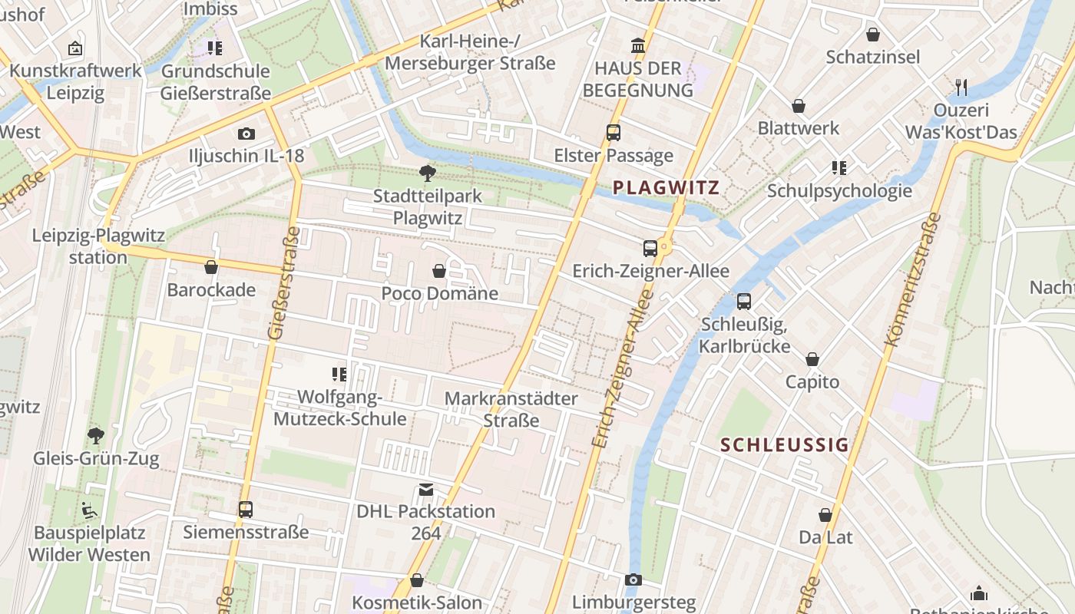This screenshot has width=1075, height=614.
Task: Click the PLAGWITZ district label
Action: [x=666, y=188]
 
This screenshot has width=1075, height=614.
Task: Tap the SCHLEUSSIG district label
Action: [x=785, y=445]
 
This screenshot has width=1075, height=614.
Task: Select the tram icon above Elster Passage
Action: [x=613, y=132]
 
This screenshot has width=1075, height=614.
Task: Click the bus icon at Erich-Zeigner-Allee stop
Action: [x=650, y=248]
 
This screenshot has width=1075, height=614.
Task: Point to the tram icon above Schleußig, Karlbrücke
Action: [x=743, y=302]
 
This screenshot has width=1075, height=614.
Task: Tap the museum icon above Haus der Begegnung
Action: [x=637, y=45]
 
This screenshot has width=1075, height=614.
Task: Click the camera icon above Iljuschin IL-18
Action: [x=246, y=134]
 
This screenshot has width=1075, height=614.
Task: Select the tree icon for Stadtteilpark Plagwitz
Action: [x=427, y=173]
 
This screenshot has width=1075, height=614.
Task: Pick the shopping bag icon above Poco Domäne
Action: [x=439, y=271]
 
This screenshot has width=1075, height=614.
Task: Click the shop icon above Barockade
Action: [x=211, y=267]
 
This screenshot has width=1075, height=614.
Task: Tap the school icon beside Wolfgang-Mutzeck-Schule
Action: [x=339, y=375]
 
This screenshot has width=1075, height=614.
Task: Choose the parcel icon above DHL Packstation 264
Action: [x=425, y=489]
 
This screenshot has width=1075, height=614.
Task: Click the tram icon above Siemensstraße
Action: [x=246, y=509]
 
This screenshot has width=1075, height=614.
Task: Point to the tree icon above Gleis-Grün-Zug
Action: [x=96, y=436]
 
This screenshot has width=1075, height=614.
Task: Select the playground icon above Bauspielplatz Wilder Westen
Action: [x=90, y=509]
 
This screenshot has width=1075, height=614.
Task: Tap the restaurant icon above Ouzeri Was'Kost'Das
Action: [x=961, y=87]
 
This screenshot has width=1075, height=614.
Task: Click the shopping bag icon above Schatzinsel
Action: [x=872, y=35]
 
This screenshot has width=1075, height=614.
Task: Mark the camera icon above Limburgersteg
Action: [x=633, y=579]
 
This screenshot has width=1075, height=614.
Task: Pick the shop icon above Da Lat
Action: [x=825, y=514]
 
